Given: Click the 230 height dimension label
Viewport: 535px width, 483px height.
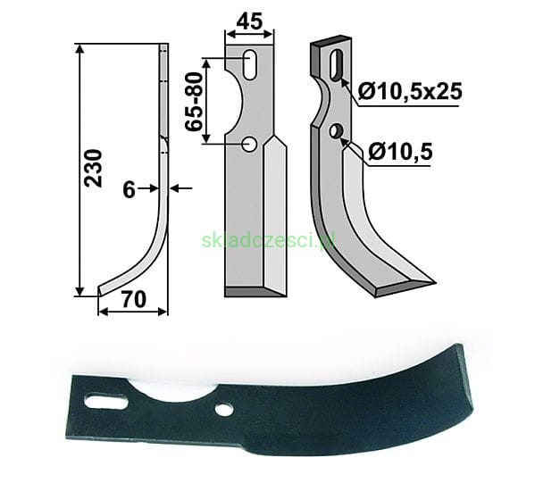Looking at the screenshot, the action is point(94,168).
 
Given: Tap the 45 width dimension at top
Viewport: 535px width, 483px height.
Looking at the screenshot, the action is point(249,21).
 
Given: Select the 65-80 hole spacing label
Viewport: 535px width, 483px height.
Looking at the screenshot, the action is point(194,102).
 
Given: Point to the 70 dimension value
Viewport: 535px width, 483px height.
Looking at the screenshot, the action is point(134,299).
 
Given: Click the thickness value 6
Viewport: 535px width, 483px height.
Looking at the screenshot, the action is point(129,190).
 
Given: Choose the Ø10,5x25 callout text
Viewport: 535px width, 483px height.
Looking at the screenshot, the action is point(410,91).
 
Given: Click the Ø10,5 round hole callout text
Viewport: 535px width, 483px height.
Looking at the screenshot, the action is point(400,151).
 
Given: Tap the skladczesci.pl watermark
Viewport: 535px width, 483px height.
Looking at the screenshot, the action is point(268,240).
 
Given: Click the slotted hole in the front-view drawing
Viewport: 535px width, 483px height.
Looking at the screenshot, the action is point(250,65).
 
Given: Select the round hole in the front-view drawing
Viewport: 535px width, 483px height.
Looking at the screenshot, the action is point(249,145).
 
